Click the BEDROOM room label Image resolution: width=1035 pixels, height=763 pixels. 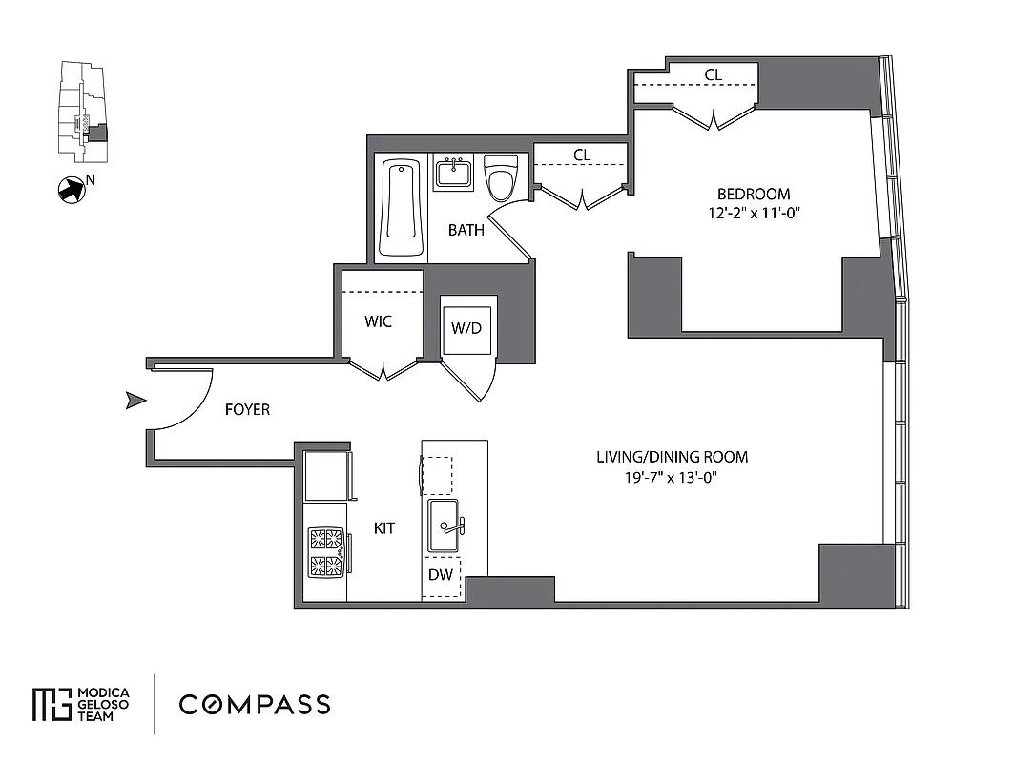click(754, 194)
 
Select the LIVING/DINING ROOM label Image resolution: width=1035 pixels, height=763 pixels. click(672, 457)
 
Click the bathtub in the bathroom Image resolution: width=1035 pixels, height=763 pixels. click(401, 208)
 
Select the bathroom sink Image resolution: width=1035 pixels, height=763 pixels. click(454, 174)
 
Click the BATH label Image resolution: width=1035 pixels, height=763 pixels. click(466, 230)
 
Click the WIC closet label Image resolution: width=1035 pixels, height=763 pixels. click(379, 321)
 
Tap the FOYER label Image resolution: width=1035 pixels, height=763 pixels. click(247, 410)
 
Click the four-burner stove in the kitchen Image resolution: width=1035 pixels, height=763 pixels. click(325, 552)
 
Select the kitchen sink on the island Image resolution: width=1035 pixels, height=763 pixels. click(444, 526)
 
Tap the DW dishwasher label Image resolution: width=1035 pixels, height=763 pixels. click(440, 575)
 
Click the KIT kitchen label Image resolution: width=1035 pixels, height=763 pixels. click(384, 527)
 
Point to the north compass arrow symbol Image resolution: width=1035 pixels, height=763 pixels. click(71, 190)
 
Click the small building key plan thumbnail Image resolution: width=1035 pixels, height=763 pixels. click(83, 113)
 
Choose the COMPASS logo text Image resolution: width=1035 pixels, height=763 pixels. click(255, 705)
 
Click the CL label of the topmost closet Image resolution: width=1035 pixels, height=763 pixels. click(713, 75)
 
